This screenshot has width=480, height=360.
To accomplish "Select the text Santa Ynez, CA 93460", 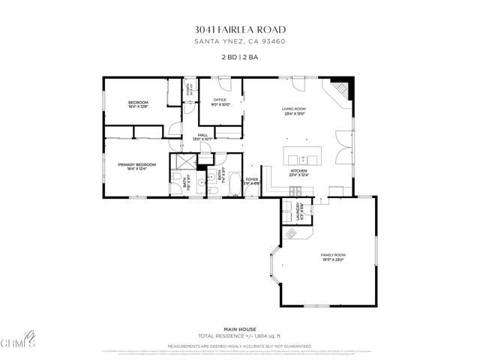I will click(240, 42).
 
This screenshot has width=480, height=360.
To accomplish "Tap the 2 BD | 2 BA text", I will click(240, 58).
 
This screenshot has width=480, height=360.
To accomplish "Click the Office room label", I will click(220, 100).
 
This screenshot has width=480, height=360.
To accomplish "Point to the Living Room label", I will click(294, 109).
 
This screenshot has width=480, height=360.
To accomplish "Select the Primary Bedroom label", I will click(136, 164).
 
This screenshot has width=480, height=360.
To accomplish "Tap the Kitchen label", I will click(299, 172).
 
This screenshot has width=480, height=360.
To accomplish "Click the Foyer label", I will click(251, 178).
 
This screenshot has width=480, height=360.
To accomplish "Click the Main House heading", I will click(240, 328).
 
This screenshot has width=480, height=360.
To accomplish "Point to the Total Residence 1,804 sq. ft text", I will click(240, 335).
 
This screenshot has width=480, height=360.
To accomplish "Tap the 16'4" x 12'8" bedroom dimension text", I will click(138, 106).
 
